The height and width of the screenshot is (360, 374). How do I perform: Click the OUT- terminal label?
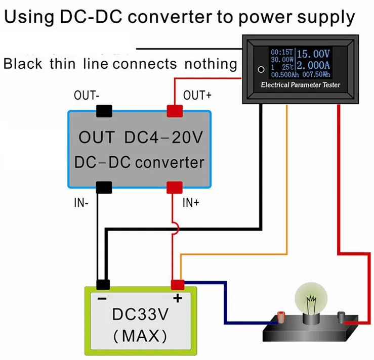tap(87, 95)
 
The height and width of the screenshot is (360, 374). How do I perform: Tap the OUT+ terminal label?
tap(197, 95)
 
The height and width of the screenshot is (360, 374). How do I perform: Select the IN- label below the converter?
tap(81, 203)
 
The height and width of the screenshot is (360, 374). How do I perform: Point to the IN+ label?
tap(191, 203)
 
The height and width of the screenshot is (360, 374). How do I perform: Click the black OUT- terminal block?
tap(104, 111)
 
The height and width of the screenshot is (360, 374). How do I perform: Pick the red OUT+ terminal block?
tap(175, 111)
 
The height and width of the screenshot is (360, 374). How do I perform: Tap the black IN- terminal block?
tap(104, 187)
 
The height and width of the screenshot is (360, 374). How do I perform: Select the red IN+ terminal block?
tap(175, 187)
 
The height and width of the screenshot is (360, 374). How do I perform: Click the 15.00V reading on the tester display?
tap(313, 54)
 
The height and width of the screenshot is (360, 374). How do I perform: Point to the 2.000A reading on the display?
tap(313, 65)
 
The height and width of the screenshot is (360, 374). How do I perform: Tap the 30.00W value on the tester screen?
tap(282, 59)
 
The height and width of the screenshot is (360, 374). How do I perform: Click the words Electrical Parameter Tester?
tap(300, 85)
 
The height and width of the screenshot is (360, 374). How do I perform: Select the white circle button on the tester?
tap(261, 69)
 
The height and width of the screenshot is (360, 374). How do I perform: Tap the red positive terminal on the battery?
tap(178, 285)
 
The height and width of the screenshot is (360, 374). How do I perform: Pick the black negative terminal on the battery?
tap(103, 285)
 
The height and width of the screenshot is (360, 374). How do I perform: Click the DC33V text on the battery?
tap(140, 314)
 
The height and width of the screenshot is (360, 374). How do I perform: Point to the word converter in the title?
tap(170, 17)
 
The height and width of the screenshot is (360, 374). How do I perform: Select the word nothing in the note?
tap(211, 64)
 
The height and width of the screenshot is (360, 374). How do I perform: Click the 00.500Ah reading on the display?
tap(285, 75)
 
